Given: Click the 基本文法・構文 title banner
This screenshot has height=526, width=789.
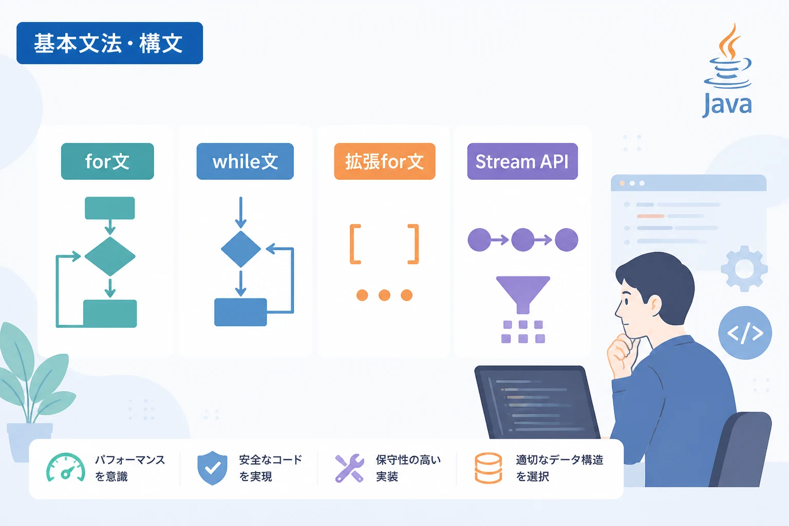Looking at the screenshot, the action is (x=109, y=43).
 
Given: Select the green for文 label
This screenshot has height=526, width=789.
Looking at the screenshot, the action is (x=107, y=161).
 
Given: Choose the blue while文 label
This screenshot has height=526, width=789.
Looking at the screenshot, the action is (x=245, y=161).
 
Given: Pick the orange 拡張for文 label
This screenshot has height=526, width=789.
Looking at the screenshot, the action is (x=385, y=161).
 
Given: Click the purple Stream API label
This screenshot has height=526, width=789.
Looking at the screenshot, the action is (x=522, y=161).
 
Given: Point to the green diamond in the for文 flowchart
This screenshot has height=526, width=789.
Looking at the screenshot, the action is (x=110, y=256).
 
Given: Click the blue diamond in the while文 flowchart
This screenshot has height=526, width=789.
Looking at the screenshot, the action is (x=241, y=249).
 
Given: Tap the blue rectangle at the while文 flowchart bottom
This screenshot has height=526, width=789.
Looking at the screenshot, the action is (x=240, y=312).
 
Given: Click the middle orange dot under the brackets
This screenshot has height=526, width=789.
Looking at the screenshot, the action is (x=384, y=295).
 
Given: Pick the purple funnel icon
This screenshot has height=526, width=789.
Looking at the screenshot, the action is (x=523, y=295).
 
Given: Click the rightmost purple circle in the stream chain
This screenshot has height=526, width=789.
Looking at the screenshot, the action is (x=567, y=239).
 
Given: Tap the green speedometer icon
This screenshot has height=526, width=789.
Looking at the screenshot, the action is (x=66, y=467).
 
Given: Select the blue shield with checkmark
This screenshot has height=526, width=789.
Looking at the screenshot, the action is (x=212, y=468).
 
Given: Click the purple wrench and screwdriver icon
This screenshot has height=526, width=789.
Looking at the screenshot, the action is (x=349, y=468).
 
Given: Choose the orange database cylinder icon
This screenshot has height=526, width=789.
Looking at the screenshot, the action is (x=488, y=468).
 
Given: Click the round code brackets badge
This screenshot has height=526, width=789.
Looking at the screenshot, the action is (x=745, y=333).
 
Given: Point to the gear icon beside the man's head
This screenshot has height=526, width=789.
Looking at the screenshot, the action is (x=744, y=269).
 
